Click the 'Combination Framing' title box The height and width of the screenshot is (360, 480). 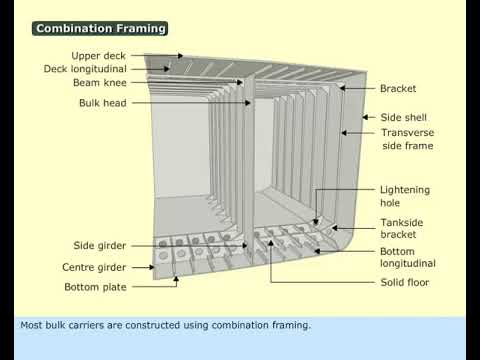pos(100,29)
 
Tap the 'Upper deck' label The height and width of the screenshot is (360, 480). pos(98,56)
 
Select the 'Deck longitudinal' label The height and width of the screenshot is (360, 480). pos(85,70)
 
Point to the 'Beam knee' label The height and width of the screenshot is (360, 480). pos(98,85)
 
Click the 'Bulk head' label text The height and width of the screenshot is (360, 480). pos(102,103)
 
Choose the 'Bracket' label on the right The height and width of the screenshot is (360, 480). pos(398,89)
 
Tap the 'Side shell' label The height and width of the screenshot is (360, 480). pos(402,118)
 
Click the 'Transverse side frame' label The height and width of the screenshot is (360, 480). pos(407,139)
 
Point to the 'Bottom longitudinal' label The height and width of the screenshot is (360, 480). pos(407,257)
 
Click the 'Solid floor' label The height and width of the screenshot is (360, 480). pos(405,282)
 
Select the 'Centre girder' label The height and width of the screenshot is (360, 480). pos(94,267)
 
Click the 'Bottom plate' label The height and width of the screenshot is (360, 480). pos(95,287)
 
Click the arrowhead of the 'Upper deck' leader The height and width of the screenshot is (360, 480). pos(181,56)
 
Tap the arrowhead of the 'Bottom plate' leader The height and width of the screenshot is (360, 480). pos(178,287)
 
